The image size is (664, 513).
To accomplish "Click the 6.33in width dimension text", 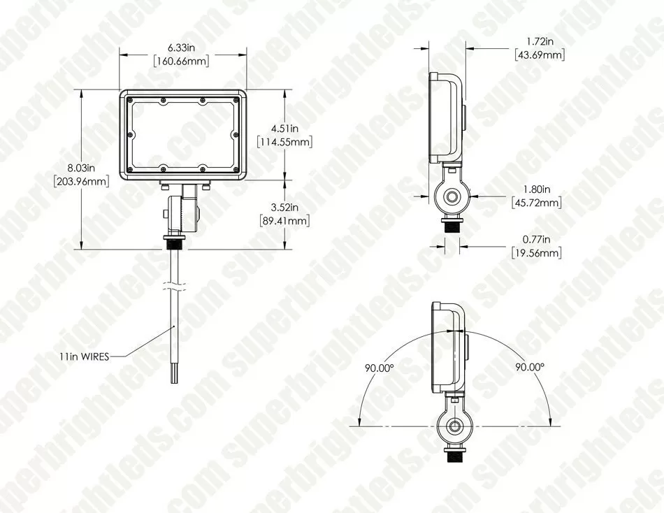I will tap(182, 48).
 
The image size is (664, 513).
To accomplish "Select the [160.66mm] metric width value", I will tap(182, 61).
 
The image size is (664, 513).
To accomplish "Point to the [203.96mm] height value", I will tap(81, 182).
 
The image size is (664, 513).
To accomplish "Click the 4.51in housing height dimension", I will tap(285, 128).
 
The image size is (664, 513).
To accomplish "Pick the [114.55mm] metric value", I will tap(285, 142).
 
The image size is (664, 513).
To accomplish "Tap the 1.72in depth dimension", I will tap(539, 42).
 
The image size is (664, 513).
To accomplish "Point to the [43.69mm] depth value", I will tap(539, 55).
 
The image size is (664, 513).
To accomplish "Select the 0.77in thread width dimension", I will tap(536, 239).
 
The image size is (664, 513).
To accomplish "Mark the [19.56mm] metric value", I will tap(536, 252).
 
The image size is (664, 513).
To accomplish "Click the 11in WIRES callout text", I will tap(83, 356).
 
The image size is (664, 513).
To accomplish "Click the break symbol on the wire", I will tap(175, 286).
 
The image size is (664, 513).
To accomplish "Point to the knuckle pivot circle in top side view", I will tap(454, 198).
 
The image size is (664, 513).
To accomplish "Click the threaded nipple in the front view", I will tap(175, 243).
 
